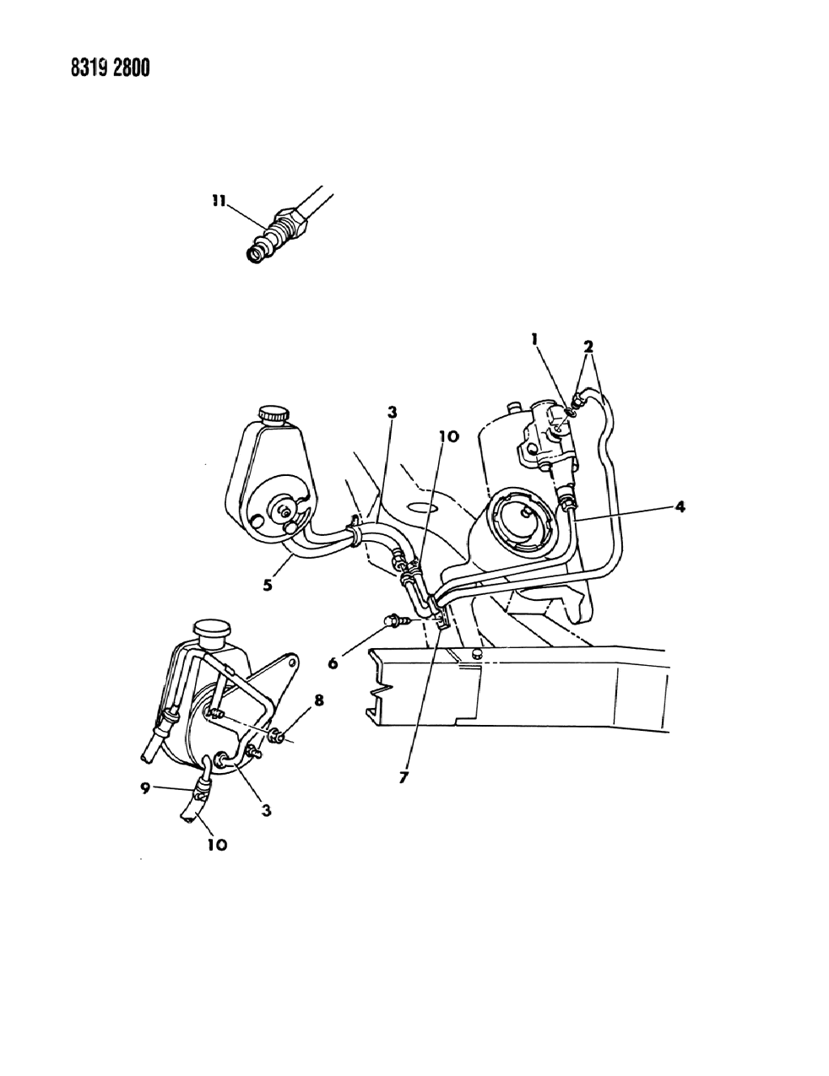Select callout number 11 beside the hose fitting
219,202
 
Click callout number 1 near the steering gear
535,340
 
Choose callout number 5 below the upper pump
267,582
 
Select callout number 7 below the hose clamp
404,777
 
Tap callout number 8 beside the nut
295,700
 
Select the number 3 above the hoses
392,412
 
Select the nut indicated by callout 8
275,738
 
